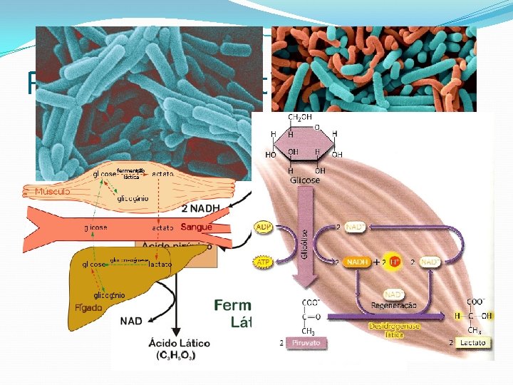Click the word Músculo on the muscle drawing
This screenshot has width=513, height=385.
(53, 192)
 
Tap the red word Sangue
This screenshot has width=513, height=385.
(196, 227)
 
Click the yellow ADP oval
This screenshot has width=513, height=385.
(264, 227)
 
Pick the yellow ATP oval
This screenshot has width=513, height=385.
(264, 262)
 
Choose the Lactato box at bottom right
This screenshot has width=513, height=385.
(472, 342)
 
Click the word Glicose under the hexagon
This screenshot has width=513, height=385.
(304, 180)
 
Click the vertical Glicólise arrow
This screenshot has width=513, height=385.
(305, 242)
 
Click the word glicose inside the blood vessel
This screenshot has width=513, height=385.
(96, 227)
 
